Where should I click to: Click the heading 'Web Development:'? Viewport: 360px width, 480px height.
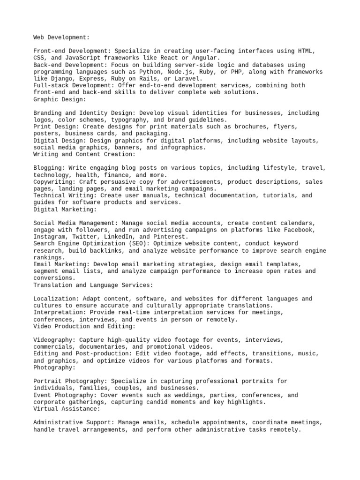pos(61,37)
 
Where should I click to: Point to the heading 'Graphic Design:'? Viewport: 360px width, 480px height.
pos(60,99)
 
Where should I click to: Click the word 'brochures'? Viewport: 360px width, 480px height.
pos(244,127)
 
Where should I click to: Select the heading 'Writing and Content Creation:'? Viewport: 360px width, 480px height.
pos(84,154)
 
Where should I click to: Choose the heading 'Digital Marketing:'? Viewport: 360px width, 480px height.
pos(65,209)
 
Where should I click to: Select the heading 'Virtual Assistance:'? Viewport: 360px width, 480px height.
pos(67,409)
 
